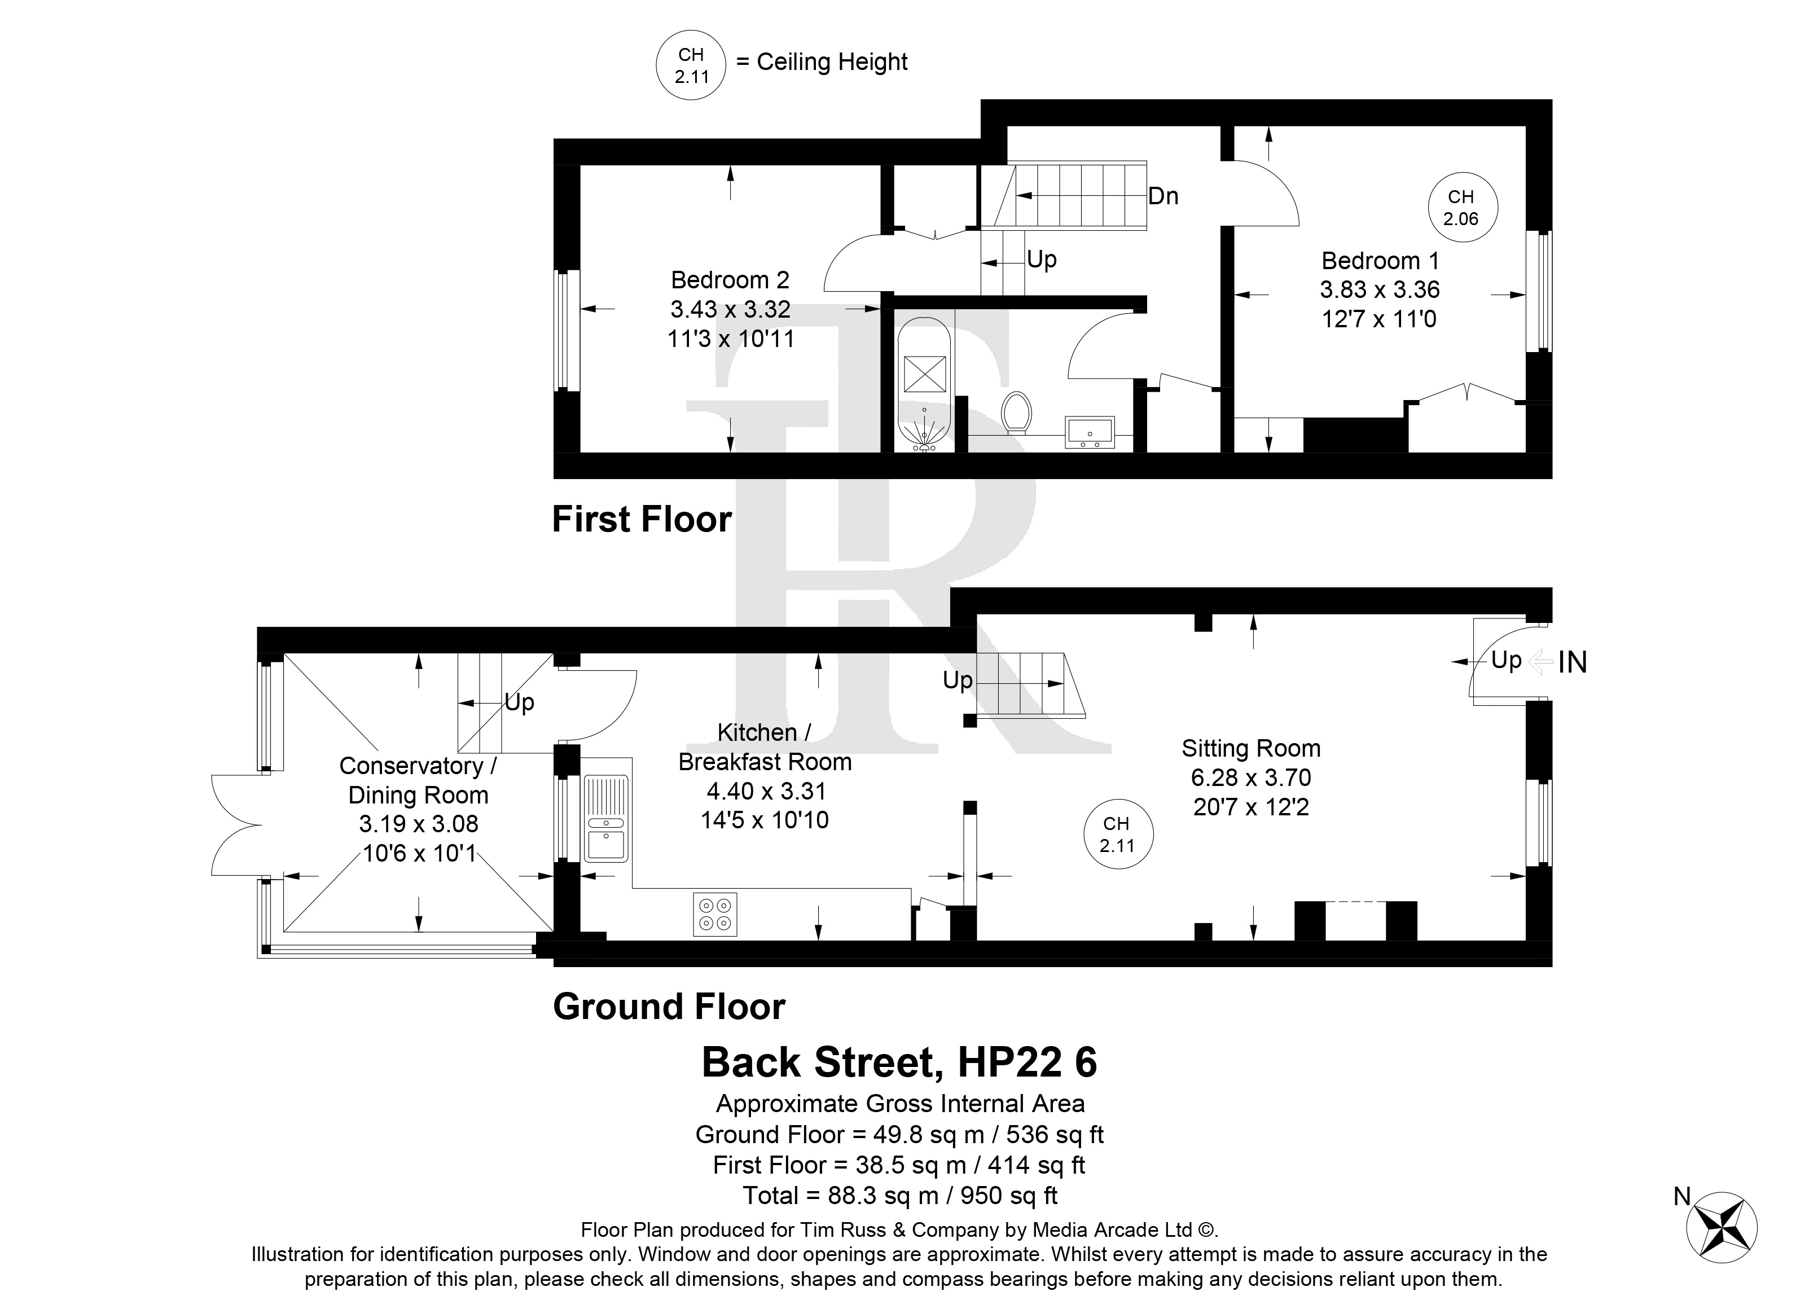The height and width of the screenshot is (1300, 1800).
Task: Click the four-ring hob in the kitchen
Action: point(715,914)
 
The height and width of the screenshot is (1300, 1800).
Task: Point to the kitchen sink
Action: point(607,818)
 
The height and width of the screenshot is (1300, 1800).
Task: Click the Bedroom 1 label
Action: point(1380,260)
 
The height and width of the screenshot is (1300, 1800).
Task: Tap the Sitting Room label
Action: point(1251,748)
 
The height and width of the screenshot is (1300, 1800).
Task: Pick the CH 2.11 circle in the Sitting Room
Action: point(1118,834)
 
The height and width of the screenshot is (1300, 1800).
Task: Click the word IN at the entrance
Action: point(1572,662)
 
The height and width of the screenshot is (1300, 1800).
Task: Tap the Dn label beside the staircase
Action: point(1164,196)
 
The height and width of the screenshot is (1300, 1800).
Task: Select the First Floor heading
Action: point(641,520)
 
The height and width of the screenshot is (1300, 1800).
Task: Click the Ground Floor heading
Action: point(669,1007)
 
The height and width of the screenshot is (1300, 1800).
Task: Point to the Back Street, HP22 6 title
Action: point(899,1062)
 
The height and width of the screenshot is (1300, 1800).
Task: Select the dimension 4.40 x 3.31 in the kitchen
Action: point(766,790)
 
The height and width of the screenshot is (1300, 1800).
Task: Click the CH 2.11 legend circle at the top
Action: point(691,66)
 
